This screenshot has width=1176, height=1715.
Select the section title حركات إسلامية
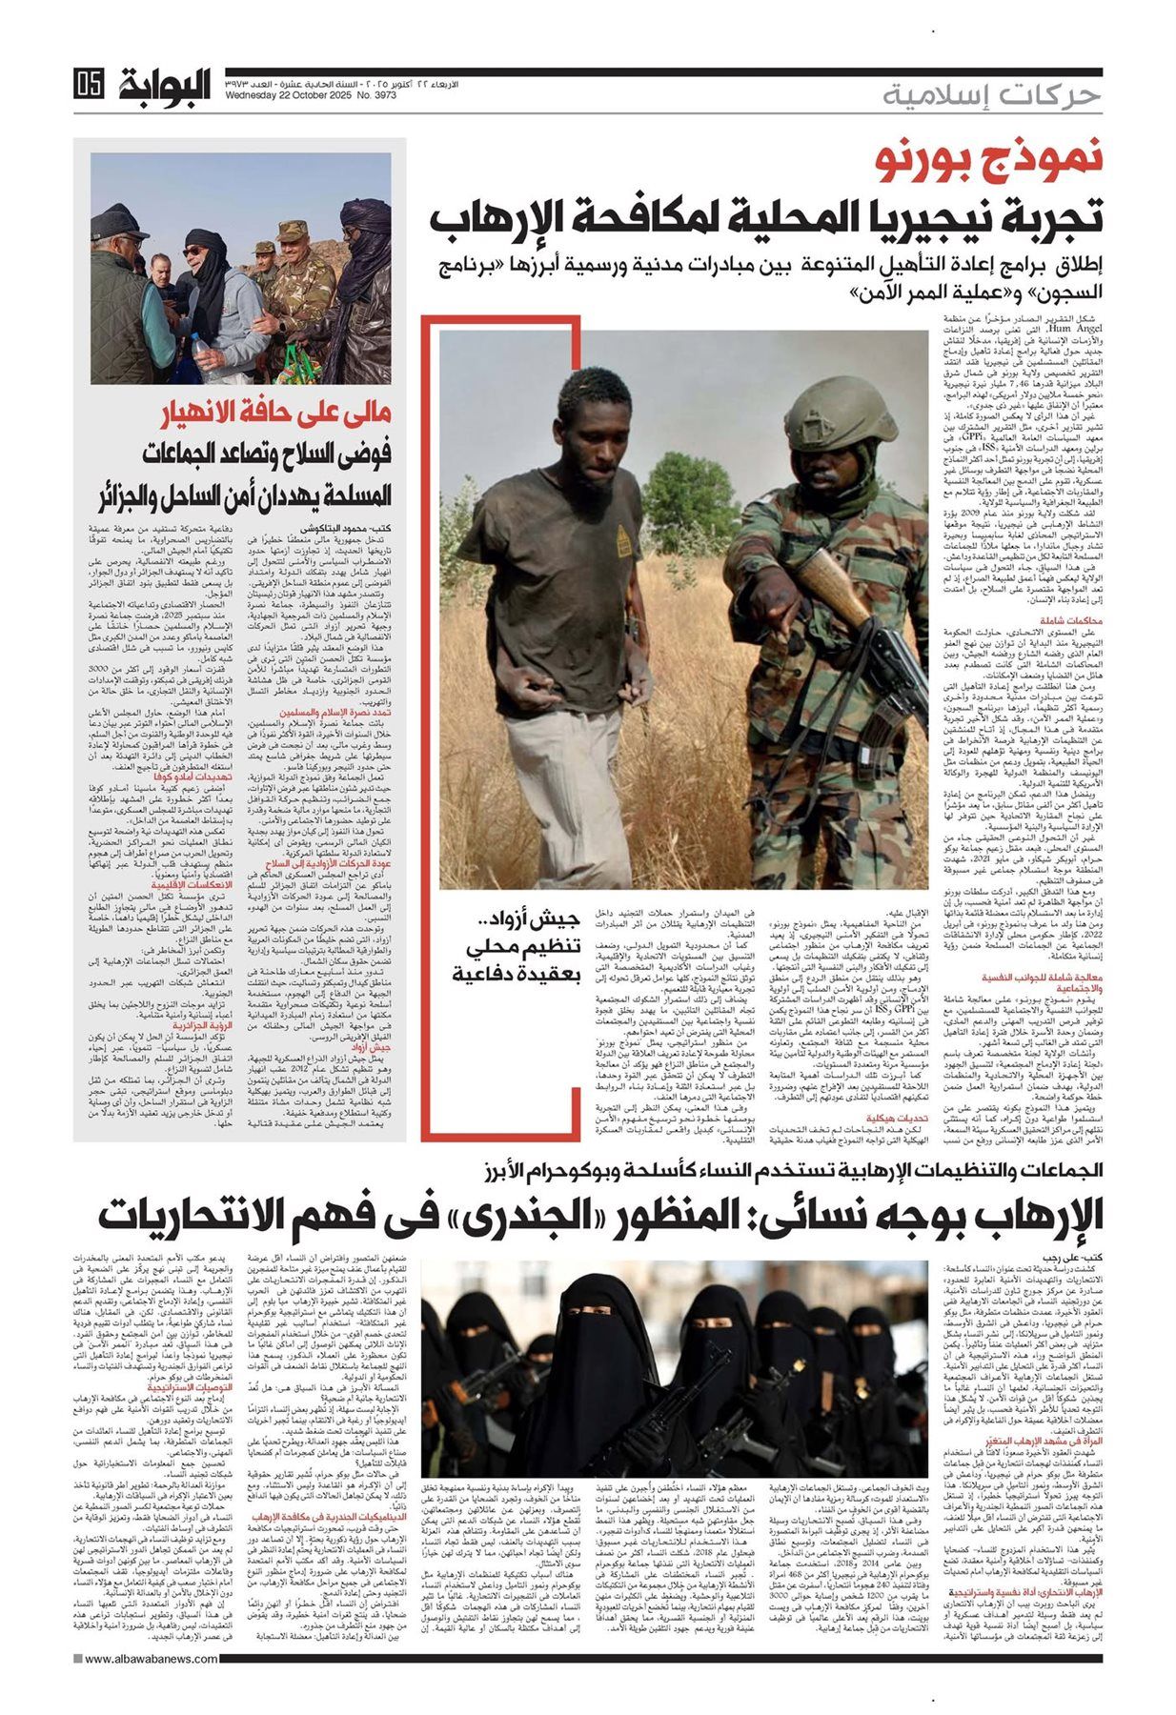(x=991, y=95)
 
